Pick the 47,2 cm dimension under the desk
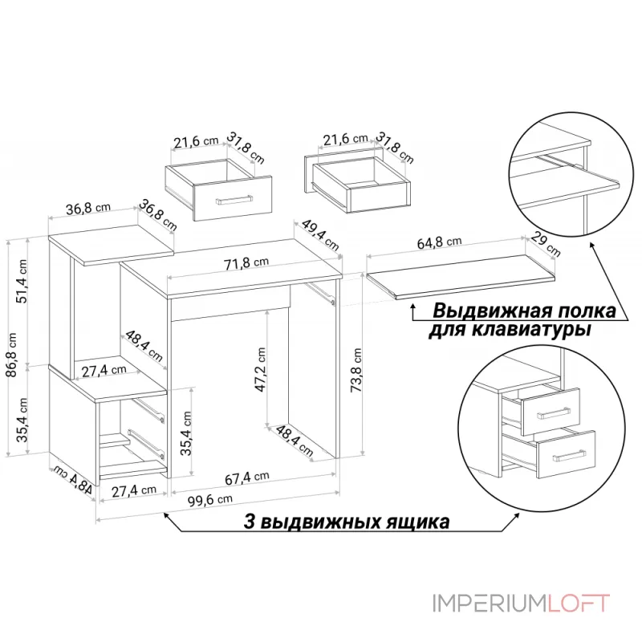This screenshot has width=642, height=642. click(x=261, y=370)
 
